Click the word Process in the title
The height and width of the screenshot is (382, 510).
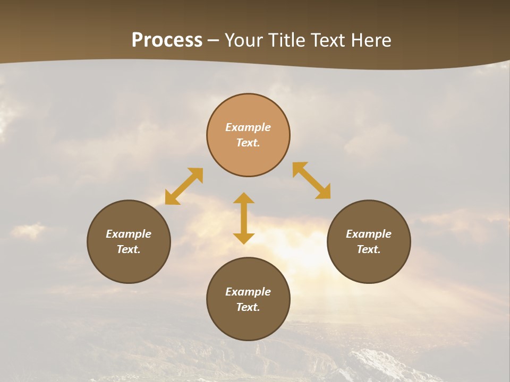(167, 40)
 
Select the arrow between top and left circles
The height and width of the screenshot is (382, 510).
(184, 186)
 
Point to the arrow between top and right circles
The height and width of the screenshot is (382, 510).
(312, 180)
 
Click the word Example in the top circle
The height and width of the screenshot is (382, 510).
(248, 127)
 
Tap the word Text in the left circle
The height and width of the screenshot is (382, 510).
(128, 249)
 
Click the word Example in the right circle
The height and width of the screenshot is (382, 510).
(369, 234)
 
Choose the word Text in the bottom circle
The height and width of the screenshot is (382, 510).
(248, 307)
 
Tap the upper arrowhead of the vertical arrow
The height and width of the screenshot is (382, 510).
(244, 199)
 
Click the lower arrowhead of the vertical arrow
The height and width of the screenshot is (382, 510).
(244, 238)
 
